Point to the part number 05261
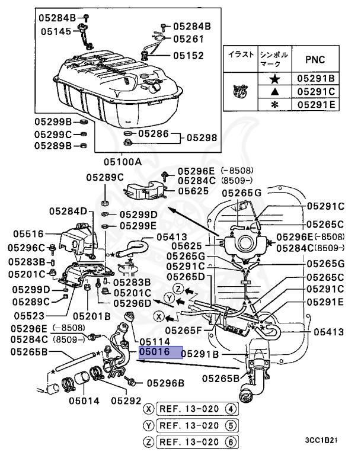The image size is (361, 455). point(188,39)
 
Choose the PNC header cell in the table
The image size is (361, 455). point(314,60)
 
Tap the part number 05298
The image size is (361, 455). point(202,137)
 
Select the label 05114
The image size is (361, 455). point(155,342)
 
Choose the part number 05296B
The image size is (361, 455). point(164,383)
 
